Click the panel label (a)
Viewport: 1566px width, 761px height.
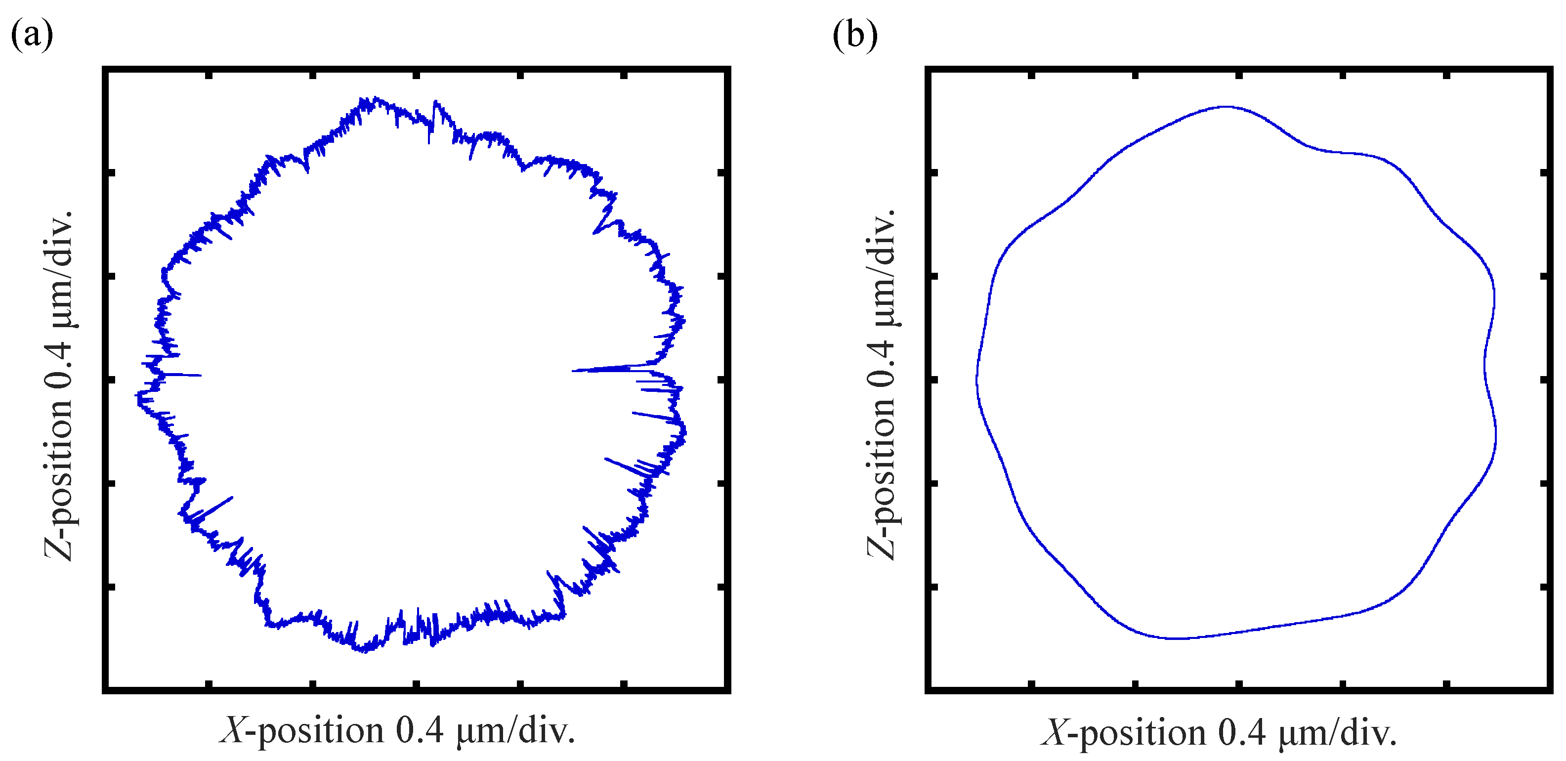(x=32, y=35)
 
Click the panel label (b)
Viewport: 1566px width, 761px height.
(x=855, y=35)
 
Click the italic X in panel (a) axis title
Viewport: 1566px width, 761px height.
(x=232, y=730)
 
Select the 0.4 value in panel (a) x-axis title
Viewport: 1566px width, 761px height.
(x=420, y=730)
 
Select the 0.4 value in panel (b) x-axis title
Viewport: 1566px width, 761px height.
(x=1242, y=732)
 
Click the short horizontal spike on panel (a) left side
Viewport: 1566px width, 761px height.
(x=182, y=375)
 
